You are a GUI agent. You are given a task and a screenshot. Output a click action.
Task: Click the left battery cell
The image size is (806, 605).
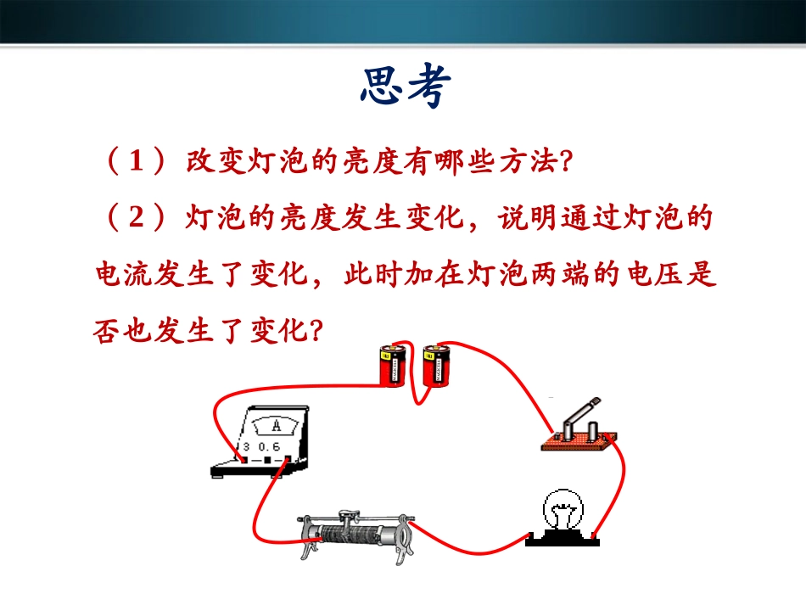393,366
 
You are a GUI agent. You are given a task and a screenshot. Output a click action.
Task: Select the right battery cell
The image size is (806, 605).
434,366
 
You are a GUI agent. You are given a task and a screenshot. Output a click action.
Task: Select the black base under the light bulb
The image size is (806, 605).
563,538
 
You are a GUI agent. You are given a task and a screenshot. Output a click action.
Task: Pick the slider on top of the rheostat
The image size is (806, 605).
346,515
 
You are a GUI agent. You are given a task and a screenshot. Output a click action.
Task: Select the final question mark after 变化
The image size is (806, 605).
316,329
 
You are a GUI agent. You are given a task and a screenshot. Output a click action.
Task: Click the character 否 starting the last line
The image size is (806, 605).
109,329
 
